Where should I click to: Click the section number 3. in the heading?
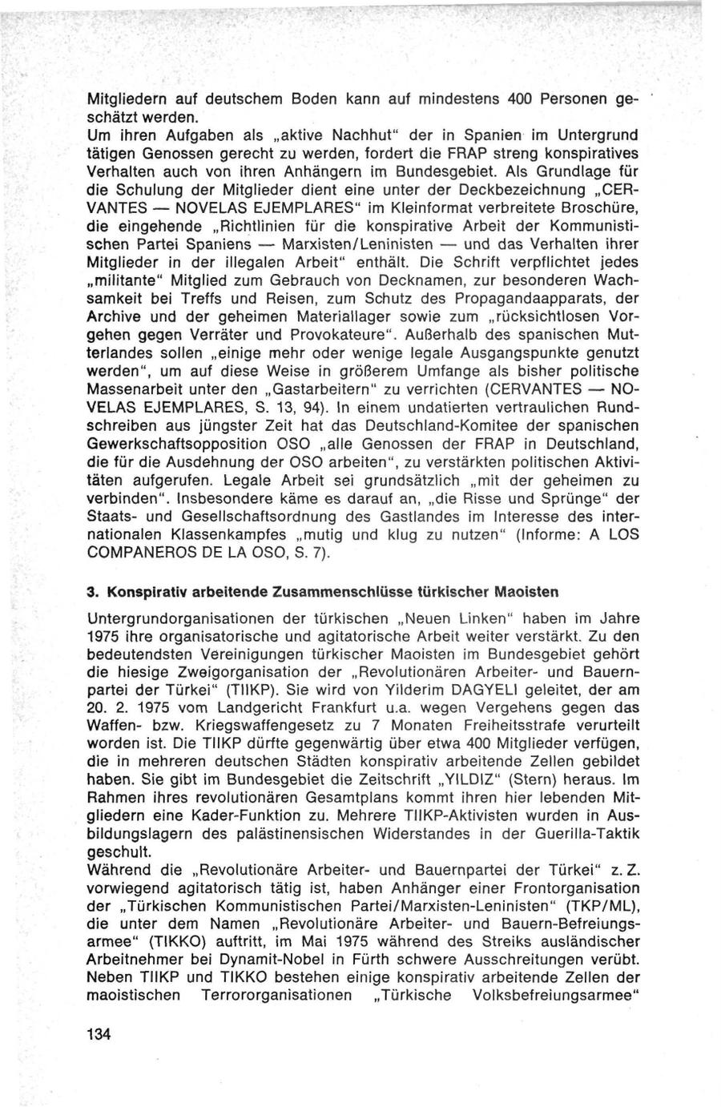[x=93, y=592]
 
